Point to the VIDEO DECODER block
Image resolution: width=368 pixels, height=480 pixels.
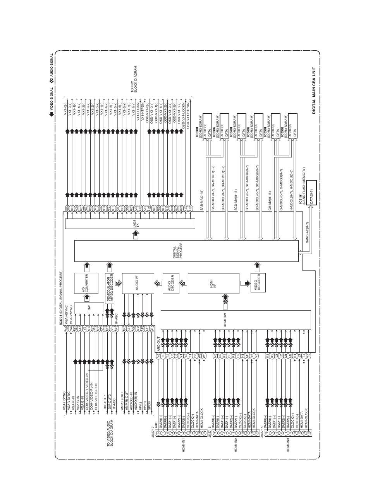pyautogui.click(x=257, y=283)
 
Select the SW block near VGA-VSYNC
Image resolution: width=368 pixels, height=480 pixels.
pyautogui.click(x=89, y=308)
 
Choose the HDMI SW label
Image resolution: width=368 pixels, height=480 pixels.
pyautogui.click(x=225, y=320)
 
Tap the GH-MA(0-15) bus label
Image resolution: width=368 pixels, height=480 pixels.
pyautogui.click(x=269, y=201)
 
